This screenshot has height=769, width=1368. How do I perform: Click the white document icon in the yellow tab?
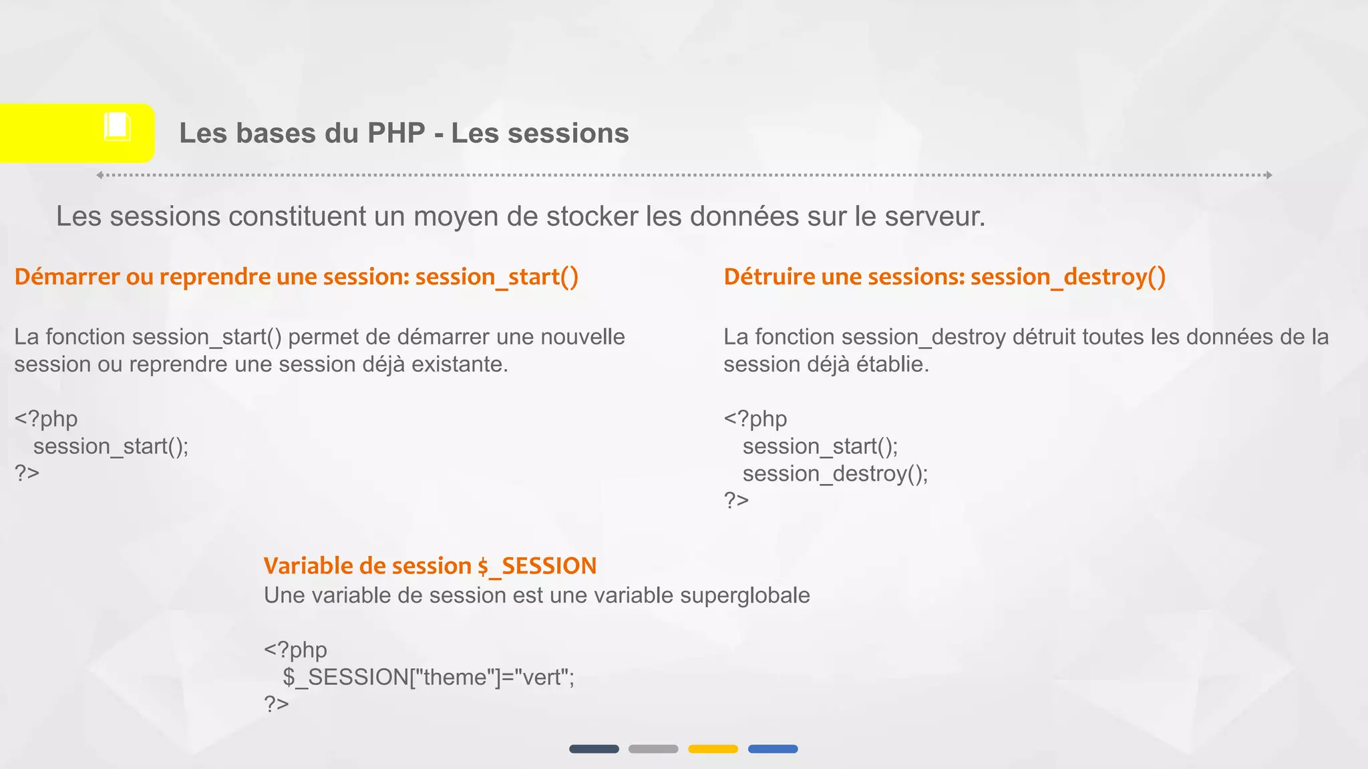pyautogui.click(x=117, y=127)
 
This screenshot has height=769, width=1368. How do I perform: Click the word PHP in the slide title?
pyautogui.click(x=396, y=133)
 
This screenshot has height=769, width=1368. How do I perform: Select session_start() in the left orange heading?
pyautogui.click(x=496, y=276)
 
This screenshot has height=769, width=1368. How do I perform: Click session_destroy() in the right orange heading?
pyautogui.click(x=1067, y=276)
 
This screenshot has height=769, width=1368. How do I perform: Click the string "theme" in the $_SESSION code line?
pyautogui.click(x=454, y=677)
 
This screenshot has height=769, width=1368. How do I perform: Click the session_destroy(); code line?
pyautogui.click(x=835, y=473)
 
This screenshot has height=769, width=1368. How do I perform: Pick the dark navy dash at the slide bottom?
pyautogui.click(x=594, y=749)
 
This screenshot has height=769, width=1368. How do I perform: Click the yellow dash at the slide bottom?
pyautogui.click(x=713, y=749)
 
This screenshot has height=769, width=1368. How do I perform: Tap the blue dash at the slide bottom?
pyautogui.click(x=773, y=749)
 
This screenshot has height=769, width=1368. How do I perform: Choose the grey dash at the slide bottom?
pyautogui.click(x=653, y=749)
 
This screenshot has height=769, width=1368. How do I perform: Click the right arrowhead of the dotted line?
pyautogui.click(x=1268, y=175)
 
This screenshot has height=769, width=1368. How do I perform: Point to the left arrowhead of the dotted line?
pyautogui.click(x=100, y=175)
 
